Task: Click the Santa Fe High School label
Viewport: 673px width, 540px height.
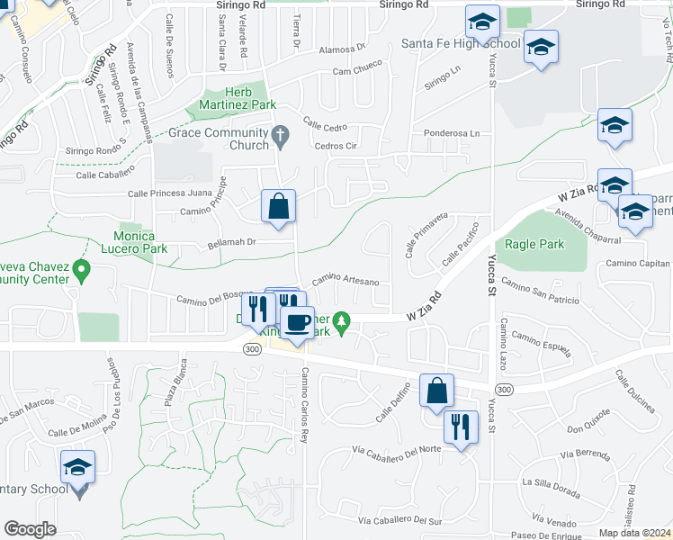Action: point(461,43)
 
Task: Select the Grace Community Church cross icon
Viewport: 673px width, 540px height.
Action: point(280,136)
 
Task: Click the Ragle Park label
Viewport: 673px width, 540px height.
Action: point(534,244)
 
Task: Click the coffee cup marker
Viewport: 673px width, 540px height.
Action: point(297,322)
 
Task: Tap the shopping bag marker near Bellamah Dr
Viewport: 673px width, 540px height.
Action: point(279,206)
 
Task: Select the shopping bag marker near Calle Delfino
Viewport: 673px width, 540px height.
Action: point(436,391)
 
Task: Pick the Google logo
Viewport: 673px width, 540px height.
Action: point(31,529)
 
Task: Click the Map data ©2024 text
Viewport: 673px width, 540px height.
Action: point(635,533)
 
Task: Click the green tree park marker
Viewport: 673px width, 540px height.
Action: point(341,319)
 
